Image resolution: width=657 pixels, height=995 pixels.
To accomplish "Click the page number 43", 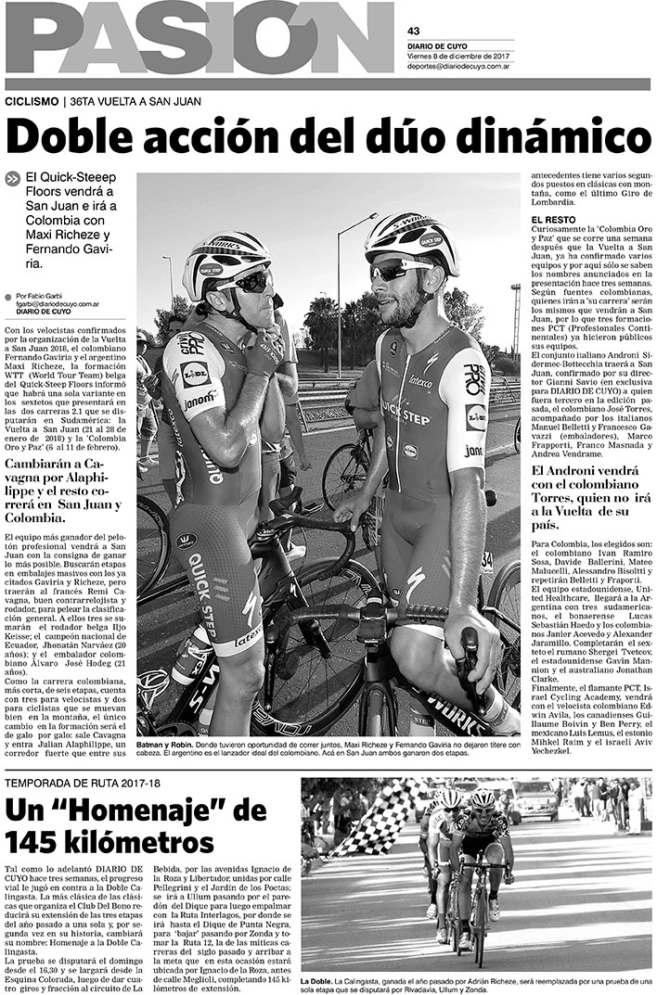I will [414, 30].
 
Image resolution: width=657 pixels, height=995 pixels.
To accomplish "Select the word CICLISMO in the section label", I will [32, 102].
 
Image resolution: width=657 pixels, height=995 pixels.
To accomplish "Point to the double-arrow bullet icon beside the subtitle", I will [13, 180].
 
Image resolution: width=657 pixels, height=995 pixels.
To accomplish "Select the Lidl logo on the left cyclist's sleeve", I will [196, 373].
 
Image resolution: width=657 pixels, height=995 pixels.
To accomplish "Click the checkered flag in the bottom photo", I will [368, 821].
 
